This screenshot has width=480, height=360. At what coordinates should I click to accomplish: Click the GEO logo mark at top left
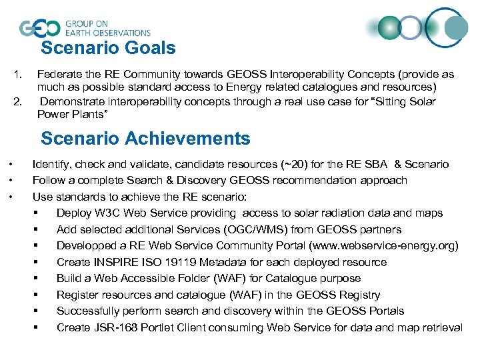pos(39,28)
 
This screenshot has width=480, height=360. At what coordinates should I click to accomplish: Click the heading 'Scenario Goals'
pos(108,48)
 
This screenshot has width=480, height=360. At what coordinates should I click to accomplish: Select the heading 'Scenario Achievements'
pos(145,139)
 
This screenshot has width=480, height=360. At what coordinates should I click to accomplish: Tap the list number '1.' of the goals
pos(19,75)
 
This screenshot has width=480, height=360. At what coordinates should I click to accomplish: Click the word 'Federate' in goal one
pos(59,75)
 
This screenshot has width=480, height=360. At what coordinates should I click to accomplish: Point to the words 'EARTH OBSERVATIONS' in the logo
pos(107,33)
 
